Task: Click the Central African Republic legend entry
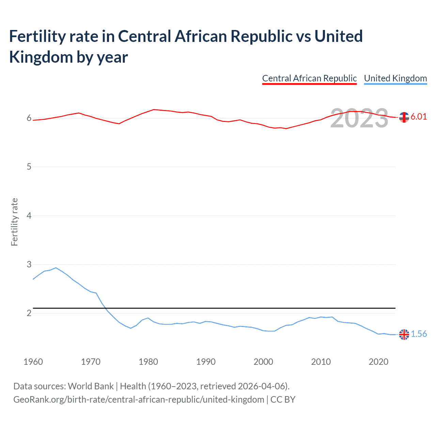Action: coord(309,78)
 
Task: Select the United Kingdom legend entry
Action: coord(395,78)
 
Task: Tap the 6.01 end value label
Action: coord(419,116)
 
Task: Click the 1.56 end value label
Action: coord(419,334)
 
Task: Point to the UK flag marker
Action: coord(404,334)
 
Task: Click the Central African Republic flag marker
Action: coord(404,117)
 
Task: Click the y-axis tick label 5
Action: coord(29,167)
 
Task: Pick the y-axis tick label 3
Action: coord(29,264)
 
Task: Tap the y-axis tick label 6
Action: coord(29,118)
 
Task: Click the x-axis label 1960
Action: coord(33,362)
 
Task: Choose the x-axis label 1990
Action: coord(206,362)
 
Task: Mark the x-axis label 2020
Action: coord(378,362)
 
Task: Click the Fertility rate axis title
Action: coord(14,222)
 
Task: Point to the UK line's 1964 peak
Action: coord(56,268)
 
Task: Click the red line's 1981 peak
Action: coord(154,109)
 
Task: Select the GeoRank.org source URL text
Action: coord(139,399)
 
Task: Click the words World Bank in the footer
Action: coord(91,386)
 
